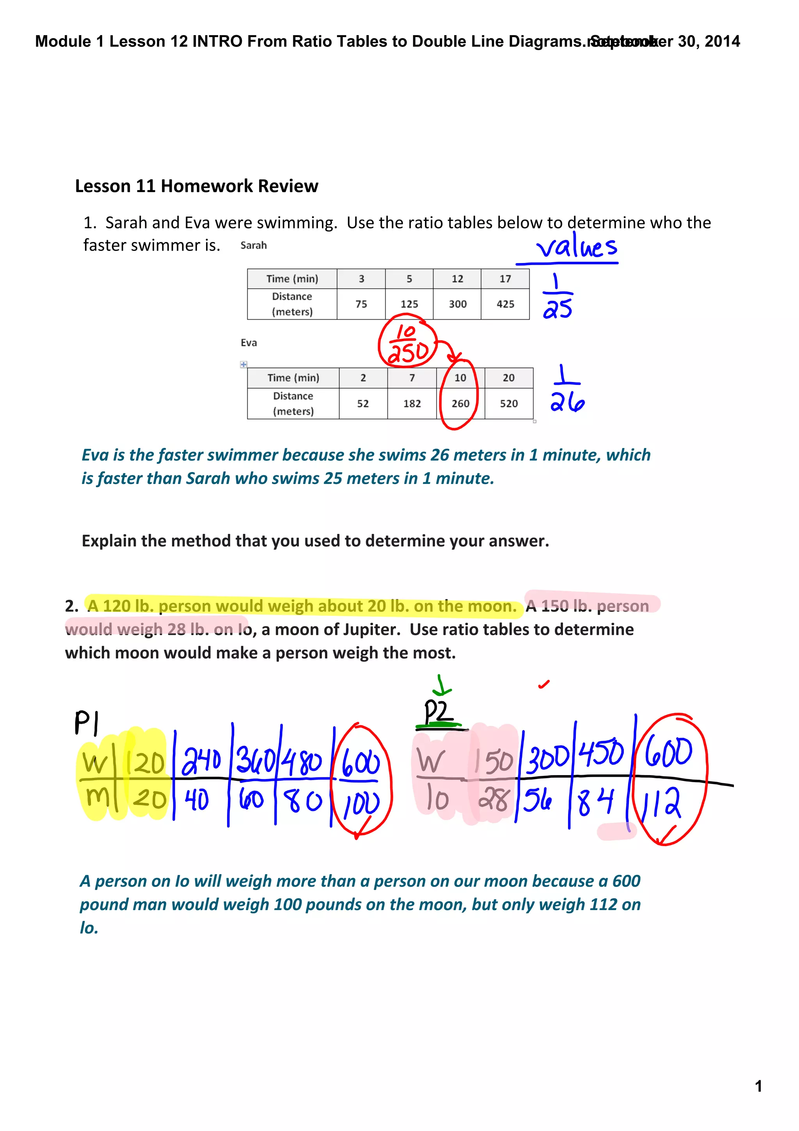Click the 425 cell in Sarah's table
[505, 304]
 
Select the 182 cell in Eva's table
[412, 404]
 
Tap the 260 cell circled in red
[460, 404]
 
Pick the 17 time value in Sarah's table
[505, 279]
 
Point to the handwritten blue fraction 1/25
[557, 296]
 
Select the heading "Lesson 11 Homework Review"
[196, 186]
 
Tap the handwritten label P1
[86, 723]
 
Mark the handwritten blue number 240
[201, 761]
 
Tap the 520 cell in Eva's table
[509, 404]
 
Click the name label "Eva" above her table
[249, 343]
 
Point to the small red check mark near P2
[543, 684]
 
